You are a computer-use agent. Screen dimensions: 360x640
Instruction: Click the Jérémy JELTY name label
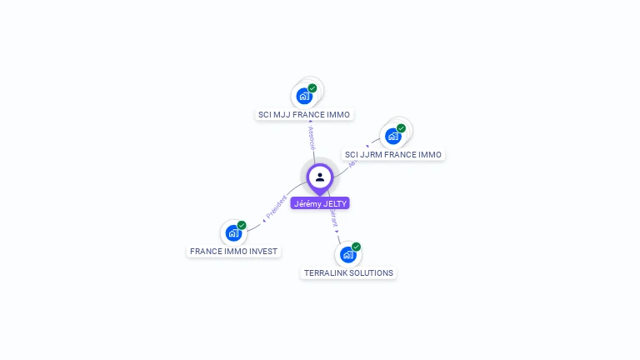[320, 203]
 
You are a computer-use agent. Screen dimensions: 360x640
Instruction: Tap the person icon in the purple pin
[320, 177]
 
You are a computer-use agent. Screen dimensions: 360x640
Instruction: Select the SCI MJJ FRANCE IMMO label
[304, 115]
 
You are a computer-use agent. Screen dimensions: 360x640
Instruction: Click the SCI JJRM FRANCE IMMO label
[393, 155]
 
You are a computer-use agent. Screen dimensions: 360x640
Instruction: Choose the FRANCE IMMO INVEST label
[233, 251]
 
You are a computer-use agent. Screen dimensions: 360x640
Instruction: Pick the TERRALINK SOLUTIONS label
[348, 272]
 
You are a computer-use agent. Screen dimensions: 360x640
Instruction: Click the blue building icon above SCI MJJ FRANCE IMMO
[304, 96]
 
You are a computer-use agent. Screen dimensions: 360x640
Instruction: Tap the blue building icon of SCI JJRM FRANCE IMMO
[392, 137]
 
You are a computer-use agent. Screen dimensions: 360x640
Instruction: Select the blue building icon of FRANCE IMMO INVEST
[233, 233]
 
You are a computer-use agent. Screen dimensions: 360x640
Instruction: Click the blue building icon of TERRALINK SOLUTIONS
[347, 254]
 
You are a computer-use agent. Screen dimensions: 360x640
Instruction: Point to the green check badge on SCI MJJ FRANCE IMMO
[312, 87]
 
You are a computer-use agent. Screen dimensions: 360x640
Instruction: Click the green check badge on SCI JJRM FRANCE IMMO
[401, 128]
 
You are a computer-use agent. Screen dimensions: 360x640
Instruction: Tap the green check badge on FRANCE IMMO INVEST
[242, 225]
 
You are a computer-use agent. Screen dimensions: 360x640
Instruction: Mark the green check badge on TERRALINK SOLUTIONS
[356, 247]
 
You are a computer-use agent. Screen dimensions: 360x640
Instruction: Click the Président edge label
[276, 207]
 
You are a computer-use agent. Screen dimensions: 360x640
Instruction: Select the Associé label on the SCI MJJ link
[312, 137]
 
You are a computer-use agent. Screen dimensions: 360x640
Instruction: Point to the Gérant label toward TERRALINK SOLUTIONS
[333, 219]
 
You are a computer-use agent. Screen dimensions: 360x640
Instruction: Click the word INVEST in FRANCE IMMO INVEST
[262, 251]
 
